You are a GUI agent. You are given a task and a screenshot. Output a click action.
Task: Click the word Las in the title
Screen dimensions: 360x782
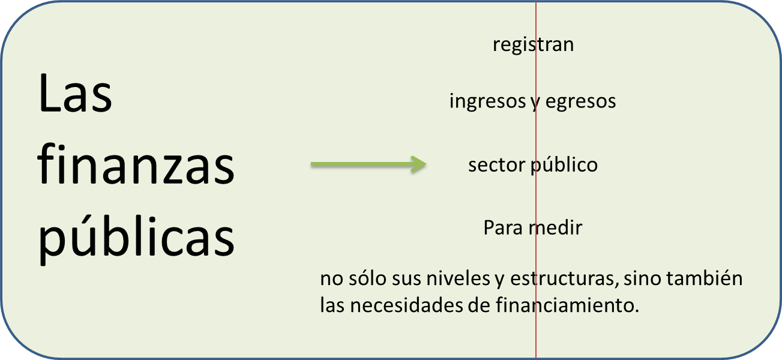pyautogui.click(x=75, y=95)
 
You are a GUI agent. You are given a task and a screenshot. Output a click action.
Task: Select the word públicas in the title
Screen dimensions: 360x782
pyautogui.click(x=136, y=237)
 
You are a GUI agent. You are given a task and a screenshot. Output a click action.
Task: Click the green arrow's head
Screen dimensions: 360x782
pyautogui.click(x=418, y=164)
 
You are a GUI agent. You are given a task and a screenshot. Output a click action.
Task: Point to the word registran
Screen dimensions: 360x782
pyautogui.click(x=533, y=44)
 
